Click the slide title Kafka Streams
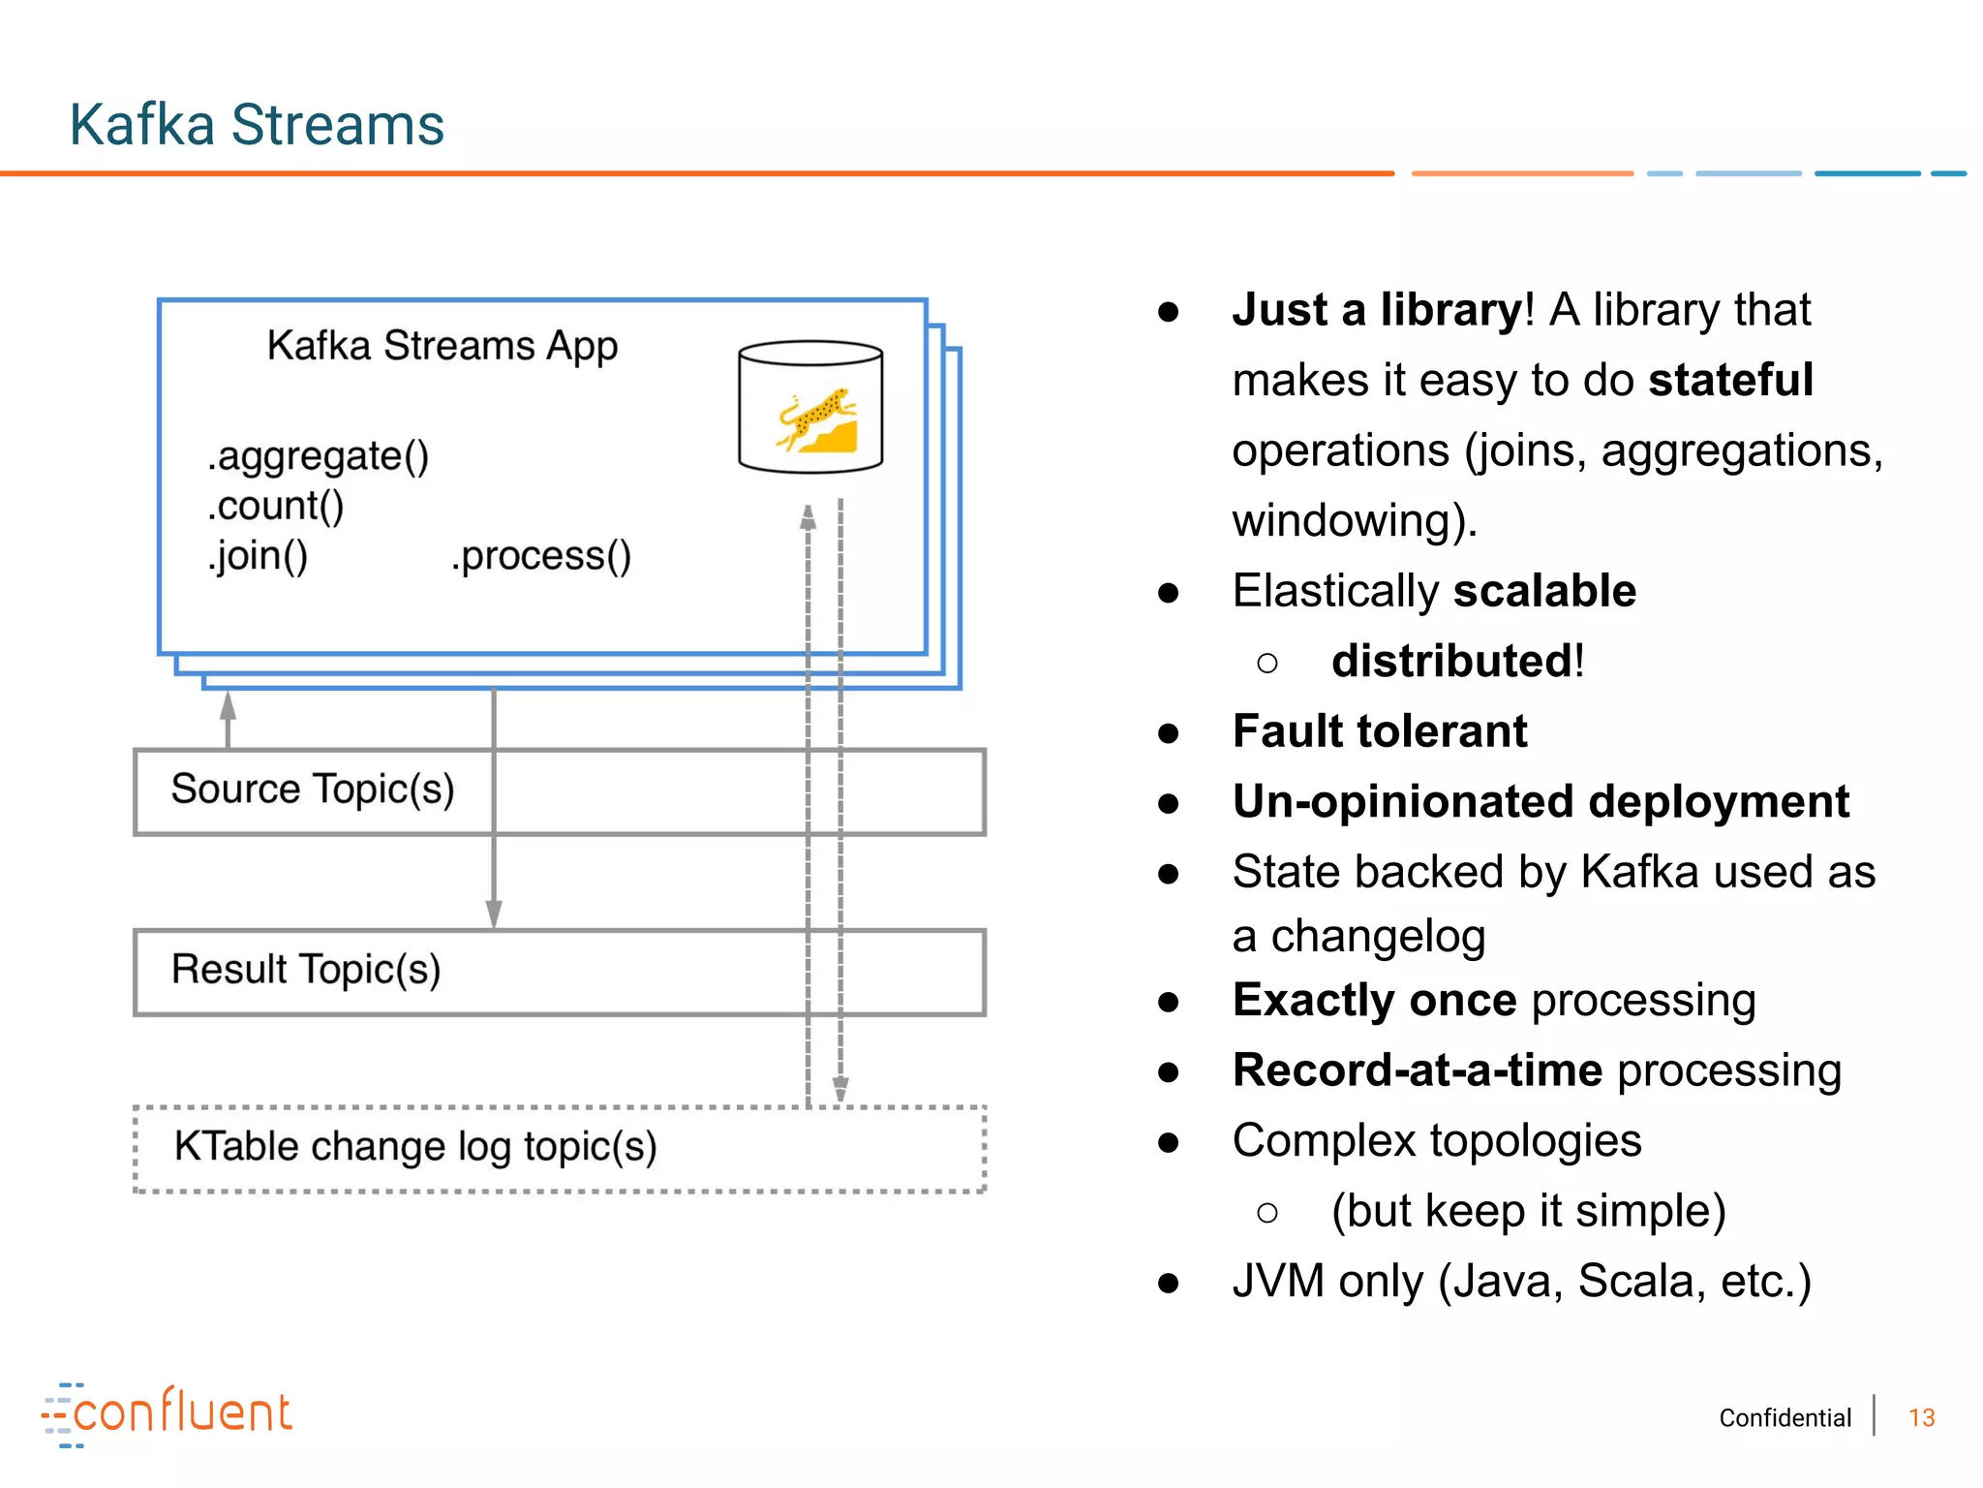coord(257,125)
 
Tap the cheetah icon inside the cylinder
coord(816,420)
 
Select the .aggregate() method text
coord(318,456)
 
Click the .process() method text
coord(541,556)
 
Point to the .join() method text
coord(258,556)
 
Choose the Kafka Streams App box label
coord(442,346)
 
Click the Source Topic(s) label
coord(313,790)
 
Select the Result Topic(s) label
coord(306,970)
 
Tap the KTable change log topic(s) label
coord(415,1147)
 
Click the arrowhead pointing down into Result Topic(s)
coord(494,914)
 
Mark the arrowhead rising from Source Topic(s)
coord(229,705)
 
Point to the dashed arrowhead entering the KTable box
coord(840,1090)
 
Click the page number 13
coord(1921,1418)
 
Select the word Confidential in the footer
coord(1785,1418)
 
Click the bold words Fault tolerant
coord(1380,731)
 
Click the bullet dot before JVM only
coord(1169,1284)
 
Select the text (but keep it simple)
coord(1529,1212)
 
